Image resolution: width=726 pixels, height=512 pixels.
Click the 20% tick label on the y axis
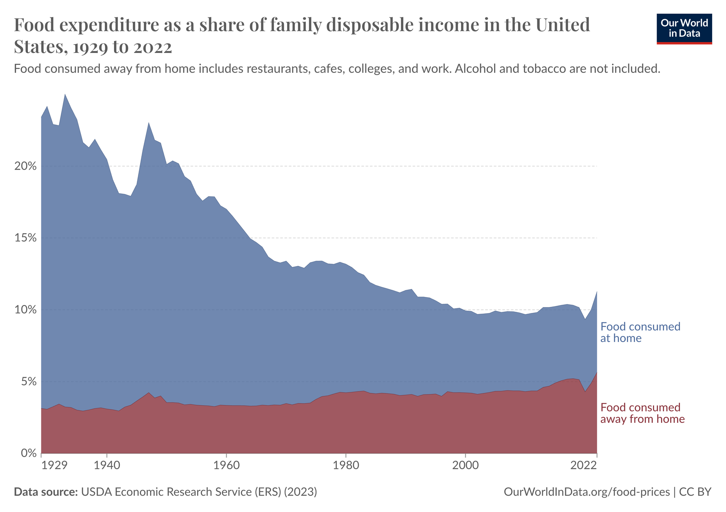[26, 166]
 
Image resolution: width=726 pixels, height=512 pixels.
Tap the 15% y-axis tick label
[26, 238]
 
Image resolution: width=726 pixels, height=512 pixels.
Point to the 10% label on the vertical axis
[26, 310]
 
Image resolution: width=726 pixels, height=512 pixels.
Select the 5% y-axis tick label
[28, 382]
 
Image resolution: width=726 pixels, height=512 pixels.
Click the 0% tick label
[28, 454]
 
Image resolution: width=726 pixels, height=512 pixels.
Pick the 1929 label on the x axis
[54, 465]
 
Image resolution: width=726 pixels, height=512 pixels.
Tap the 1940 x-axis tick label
[106, 465]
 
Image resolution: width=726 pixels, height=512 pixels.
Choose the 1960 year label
[226, 465]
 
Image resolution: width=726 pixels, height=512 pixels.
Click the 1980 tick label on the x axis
[346, 465]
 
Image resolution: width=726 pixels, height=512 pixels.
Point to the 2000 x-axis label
[466, 465]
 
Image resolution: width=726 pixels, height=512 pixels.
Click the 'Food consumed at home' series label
[640, 332]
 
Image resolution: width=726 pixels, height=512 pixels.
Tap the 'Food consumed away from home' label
[643, 413]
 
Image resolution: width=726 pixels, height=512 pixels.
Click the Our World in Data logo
[684, 29]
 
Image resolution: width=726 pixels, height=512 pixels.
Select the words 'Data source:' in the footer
[46, 492]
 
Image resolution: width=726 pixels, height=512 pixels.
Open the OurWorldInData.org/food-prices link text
[587, 492]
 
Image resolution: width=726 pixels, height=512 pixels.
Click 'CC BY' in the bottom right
[695, 492]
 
